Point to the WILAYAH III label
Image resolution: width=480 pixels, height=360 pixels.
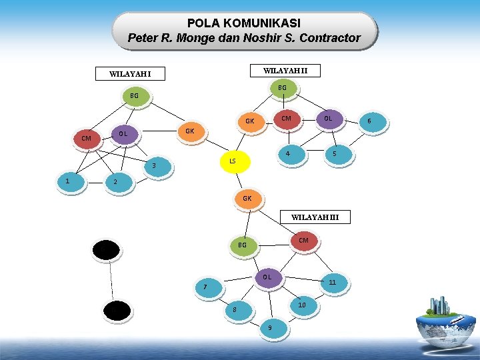pyautogui.click(x=315, y=217)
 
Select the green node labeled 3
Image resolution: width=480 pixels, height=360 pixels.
pyautogui.click(x=155, y=165)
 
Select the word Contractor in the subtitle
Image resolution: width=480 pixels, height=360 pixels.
pyautogui.click(x=326, y=38)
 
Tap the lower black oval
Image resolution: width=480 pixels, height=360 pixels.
pyautogui.click(x=117, y=311)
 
